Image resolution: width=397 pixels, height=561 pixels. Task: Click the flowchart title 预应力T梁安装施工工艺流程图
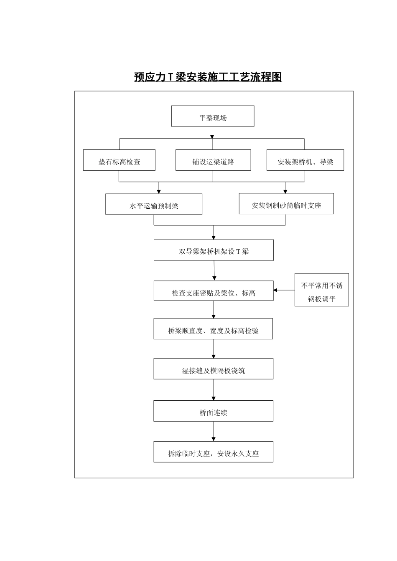point(208,77)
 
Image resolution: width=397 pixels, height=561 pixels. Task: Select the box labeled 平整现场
point(213,116)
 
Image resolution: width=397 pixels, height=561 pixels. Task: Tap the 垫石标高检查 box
point(119,160)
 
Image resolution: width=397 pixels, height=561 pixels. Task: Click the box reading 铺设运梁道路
point(213,160)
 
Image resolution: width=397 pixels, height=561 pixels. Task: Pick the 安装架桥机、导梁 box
point(305,160)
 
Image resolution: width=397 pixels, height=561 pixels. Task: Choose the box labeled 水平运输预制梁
point(154,204)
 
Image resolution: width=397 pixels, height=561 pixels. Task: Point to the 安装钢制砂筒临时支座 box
point(286,204)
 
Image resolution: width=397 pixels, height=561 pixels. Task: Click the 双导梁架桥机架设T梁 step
point(214,250)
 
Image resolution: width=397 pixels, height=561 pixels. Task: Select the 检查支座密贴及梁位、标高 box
point(214,291)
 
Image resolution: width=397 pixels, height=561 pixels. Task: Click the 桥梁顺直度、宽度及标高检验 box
point(213,329)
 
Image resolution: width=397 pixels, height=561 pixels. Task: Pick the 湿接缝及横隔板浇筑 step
point(213,369)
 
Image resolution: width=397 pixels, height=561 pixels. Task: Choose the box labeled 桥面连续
point(213,411)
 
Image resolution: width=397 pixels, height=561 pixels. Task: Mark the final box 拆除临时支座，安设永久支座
point(213,452)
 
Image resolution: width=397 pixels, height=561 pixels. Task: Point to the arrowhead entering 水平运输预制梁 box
point(158,191)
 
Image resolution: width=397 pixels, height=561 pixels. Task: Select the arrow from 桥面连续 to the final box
point(214,432)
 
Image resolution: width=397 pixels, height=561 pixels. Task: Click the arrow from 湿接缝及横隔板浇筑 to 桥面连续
point(214,390)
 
